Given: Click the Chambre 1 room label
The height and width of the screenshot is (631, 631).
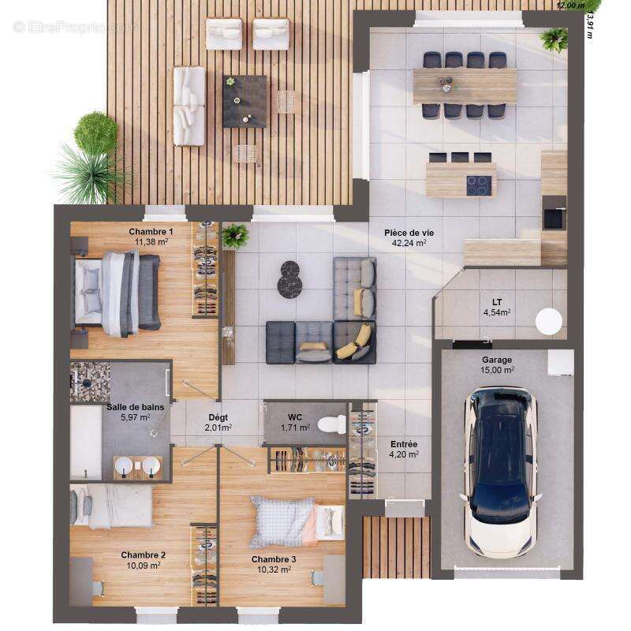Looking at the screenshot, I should click(151, 231).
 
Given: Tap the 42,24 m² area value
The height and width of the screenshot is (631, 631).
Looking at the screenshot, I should click(409, 244).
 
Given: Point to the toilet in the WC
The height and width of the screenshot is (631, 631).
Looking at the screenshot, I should click(332, 424).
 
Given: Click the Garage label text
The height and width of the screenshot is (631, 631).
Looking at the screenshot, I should click(498, 359).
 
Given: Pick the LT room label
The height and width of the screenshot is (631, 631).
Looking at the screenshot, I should click(497, 302).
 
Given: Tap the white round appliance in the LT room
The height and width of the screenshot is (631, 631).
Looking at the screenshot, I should click(548, 321).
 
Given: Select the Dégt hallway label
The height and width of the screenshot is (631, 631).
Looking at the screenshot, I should click(218, 417).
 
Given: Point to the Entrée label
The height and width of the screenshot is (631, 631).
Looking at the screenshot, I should click(404, 444).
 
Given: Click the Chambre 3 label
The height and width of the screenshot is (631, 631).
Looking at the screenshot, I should click(274, 559).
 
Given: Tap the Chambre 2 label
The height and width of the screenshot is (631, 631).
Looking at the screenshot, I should click(143, 554).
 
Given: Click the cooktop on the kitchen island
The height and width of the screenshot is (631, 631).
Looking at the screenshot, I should click(479, 185).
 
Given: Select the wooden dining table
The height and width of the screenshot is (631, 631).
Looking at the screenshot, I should click(465, 85).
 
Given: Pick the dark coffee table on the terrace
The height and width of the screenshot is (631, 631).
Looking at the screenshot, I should click(245, 100).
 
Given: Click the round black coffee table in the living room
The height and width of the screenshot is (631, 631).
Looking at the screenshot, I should click(289, 280).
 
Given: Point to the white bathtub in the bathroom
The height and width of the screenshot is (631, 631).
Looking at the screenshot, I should click(85, 442).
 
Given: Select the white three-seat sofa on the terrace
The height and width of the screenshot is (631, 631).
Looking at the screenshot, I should click(189, 106).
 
